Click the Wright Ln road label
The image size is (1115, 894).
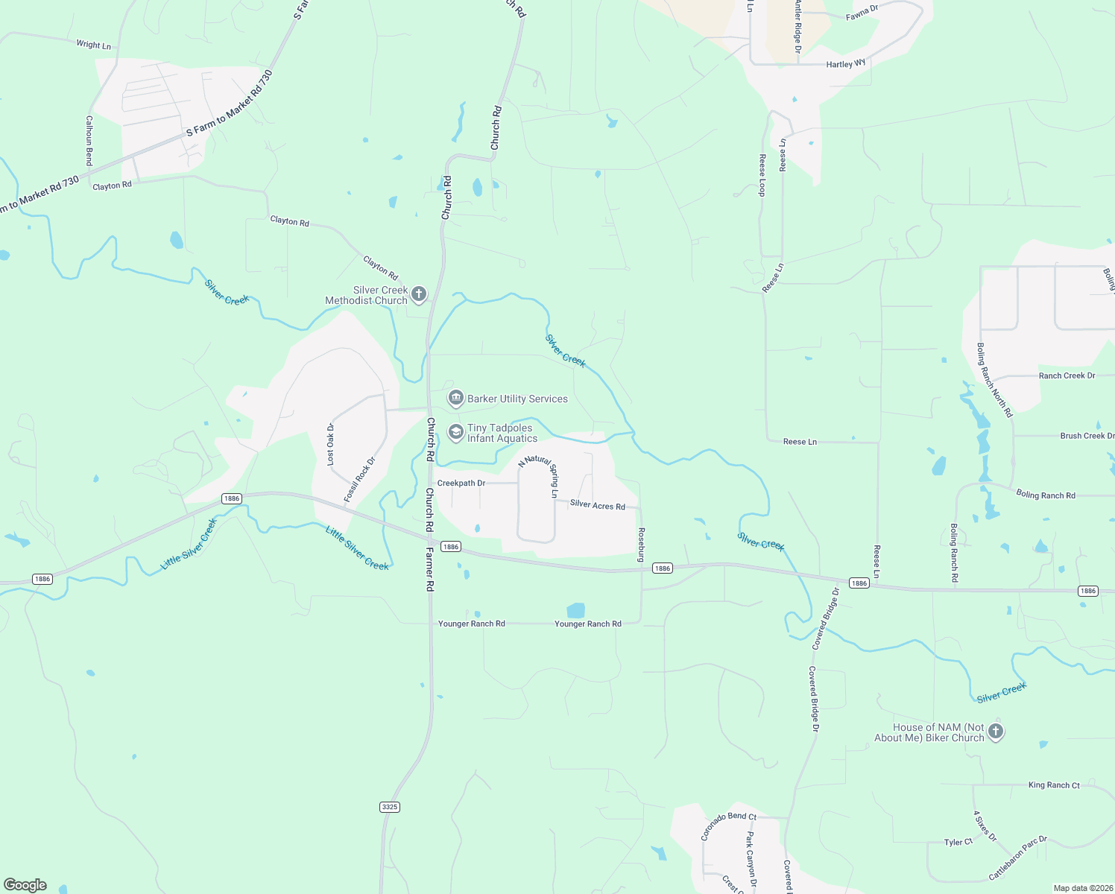93,45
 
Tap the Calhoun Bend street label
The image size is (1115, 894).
89,140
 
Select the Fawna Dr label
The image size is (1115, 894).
862,13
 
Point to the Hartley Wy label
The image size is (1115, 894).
846,64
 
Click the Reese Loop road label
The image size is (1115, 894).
762,175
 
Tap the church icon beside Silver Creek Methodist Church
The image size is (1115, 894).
418,294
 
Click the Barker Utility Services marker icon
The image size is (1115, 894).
455,399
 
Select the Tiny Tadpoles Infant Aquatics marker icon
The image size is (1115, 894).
455,432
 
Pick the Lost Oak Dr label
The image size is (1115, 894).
331,445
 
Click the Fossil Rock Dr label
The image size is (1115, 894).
360,479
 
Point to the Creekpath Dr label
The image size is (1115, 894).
461,484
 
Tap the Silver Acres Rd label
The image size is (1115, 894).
597,505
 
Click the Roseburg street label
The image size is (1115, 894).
640,545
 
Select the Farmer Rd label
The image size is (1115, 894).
429,570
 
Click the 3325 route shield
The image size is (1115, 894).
389,807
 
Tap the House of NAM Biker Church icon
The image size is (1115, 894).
996,732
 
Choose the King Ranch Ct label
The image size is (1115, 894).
1054,785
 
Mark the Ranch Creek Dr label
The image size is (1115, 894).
1067,375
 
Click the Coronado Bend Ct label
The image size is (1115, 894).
728,826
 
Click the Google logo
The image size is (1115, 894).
25,885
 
